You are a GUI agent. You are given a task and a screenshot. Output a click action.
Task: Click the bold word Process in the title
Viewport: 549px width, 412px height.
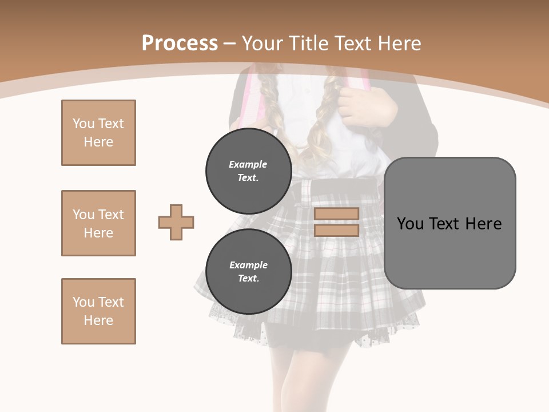(180, 43)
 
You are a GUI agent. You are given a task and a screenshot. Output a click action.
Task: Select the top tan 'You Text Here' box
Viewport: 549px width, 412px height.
(98, 133)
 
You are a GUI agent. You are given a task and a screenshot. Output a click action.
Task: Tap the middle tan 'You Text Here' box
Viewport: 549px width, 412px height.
(98, 223)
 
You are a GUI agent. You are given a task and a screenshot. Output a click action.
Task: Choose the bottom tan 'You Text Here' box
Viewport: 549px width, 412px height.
(98, 311)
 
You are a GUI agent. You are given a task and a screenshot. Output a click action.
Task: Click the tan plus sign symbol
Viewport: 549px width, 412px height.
(176, 222)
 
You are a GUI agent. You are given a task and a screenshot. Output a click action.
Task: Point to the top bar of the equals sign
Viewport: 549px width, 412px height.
(336, 214)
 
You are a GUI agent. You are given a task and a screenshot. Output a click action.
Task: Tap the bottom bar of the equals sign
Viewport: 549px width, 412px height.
(336, 231)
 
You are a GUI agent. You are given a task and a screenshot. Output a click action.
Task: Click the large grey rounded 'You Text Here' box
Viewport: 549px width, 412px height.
(449, 223)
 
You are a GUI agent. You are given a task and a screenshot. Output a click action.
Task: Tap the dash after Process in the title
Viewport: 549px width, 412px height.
(229, 44)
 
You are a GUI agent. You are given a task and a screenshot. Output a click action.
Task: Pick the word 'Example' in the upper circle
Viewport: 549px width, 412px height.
(248, 164)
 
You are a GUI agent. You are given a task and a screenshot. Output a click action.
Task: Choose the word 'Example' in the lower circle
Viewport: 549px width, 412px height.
(248, 265)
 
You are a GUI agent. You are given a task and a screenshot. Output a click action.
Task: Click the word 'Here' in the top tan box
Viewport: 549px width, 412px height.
(98, 142)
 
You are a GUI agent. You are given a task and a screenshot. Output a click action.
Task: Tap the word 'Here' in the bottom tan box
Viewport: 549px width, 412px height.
(98, 320)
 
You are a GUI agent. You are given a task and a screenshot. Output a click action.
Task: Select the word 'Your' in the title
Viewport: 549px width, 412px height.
(262, 43)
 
